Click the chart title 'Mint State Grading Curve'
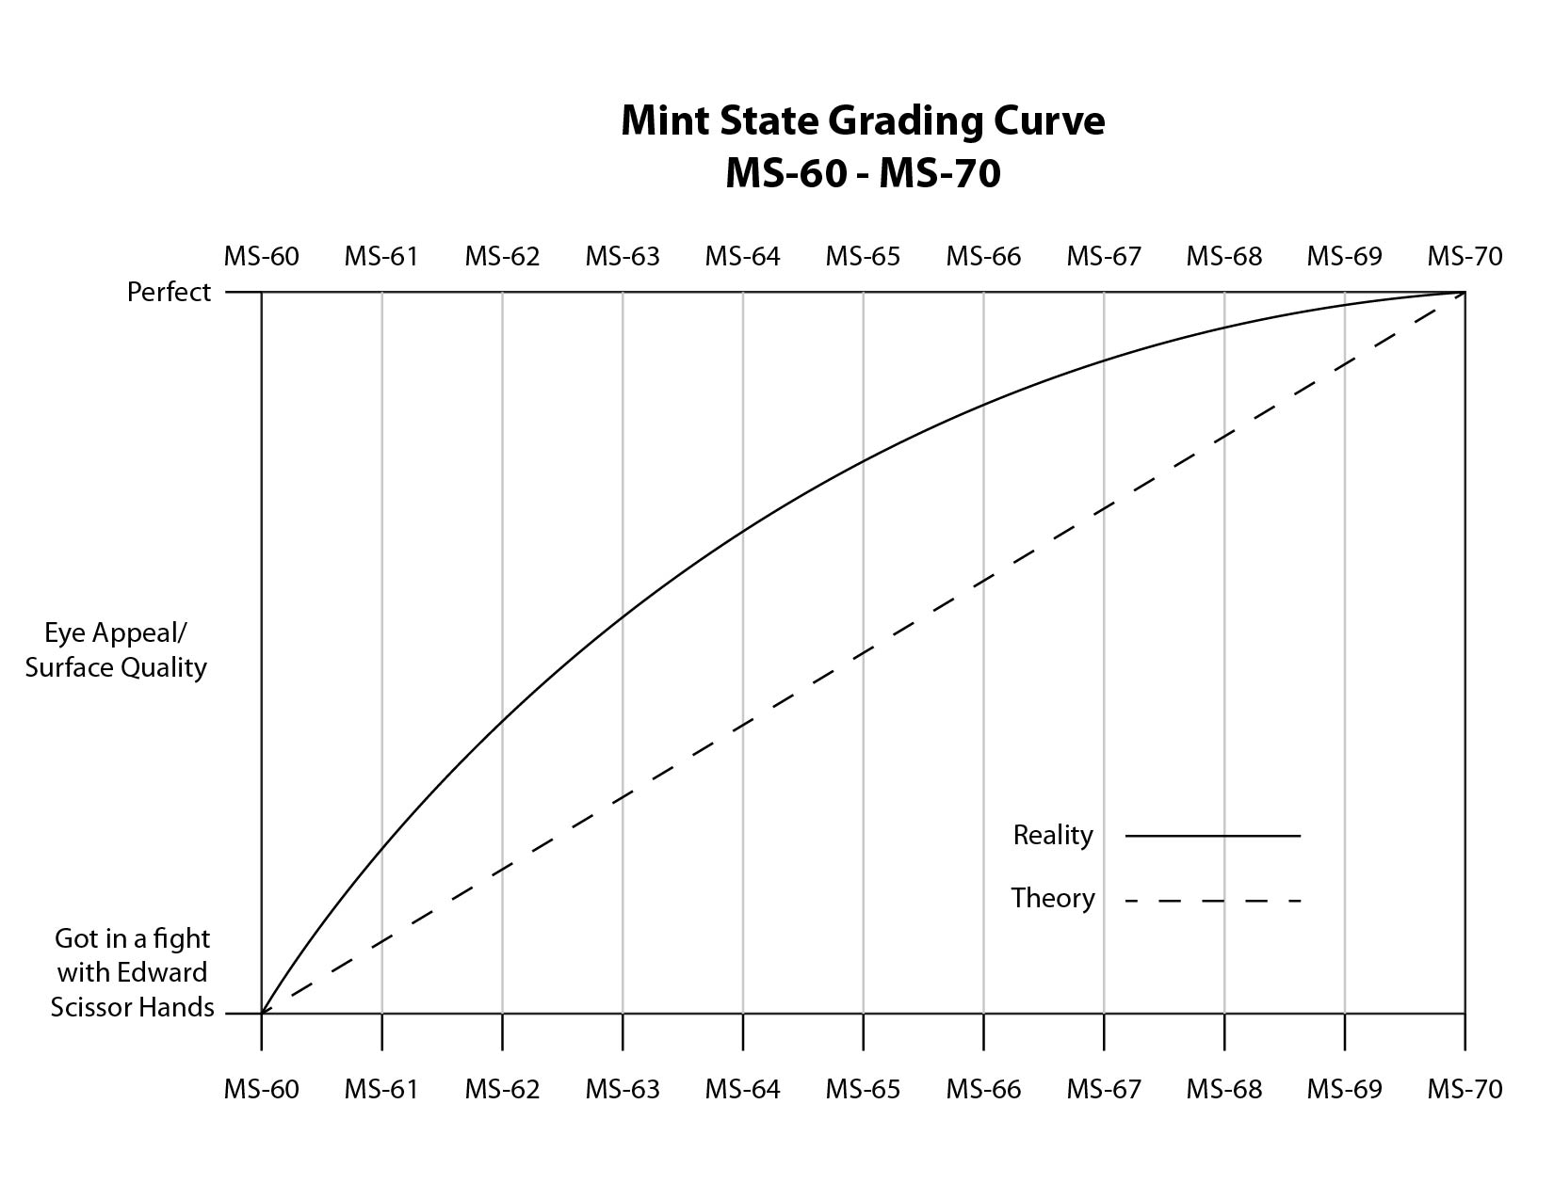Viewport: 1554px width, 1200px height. coord(862,121)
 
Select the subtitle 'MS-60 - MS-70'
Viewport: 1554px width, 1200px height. coord(862,174)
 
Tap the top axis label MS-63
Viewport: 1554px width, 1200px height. coord(623,256)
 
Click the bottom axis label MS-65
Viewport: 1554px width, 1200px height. coord(863,1089)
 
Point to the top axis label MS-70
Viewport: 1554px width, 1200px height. coord(1465,256)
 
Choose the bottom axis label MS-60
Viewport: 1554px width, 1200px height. coord(261,1089)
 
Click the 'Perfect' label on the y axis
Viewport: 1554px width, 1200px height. coord(169,293)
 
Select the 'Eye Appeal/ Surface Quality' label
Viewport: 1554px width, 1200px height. coord(116,649)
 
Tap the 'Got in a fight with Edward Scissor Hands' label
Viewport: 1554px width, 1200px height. coord(132,973)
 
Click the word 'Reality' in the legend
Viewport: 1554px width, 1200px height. coord(1052,835)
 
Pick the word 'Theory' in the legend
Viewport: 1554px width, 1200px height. coord(1052,899)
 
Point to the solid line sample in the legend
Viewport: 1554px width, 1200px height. coord(1212,835)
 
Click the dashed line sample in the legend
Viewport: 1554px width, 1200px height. coord(1212,901)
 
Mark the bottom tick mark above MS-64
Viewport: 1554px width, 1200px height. coord(743,1032)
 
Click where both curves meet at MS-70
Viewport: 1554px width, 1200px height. coord(1464,293)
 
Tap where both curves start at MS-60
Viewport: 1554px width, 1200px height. coord(262,1013)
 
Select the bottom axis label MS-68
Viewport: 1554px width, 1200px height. coord(1223,1089)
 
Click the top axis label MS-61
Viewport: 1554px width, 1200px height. coord(380,256)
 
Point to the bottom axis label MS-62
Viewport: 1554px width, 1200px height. coord(502,1089)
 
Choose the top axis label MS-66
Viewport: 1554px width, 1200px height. coord(983,256)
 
